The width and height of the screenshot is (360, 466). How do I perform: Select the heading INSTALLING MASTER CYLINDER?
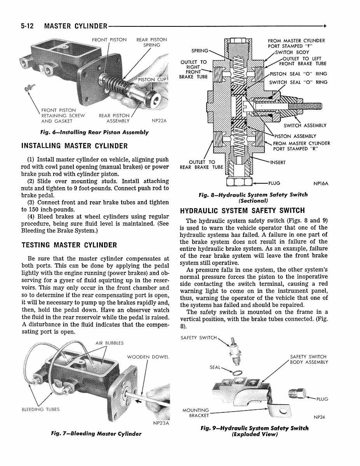pos(75,146)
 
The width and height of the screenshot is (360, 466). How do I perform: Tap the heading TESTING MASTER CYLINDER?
pos(69,245)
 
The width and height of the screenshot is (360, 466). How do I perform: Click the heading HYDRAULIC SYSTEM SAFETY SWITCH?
pos(243,210)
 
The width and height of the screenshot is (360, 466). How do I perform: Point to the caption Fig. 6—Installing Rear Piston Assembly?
pos(94,132)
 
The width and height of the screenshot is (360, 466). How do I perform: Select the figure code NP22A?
pos(159,121)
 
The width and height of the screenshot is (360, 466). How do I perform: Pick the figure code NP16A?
pos(321,183)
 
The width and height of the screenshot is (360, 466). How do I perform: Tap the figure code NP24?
pos(319,417)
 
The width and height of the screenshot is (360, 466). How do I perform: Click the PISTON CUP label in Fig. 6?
pos(152,80)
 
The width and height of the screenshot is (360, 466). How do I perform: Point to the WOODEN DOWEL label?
pos(148,357)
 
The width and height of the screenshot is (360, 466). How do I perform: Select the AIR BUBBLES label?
pos(109,343)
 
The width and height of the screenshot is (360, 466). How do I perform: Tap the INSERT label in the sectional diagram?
pos(278,162)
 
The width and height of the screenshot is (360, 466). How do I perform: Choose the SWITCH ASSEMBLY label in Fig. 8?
pos(305,125)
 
